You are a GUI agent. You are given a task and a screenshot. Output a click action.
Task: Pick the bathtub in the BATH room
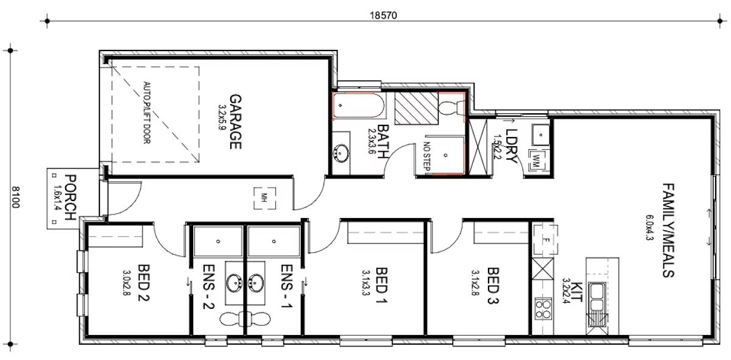pyautogui.click(x=359, y=106)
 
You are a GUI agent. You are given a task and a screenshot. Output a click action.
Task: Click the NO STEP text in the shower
pyautogui.click(x=426, y=155)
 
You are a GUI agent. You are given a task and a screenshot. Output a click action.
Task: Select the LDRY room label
pyautogui.click(x=510, y=147)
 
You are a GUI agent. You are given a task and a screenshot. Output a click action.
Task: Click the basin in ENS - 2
pyautogui.click(x=235, y=283)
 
